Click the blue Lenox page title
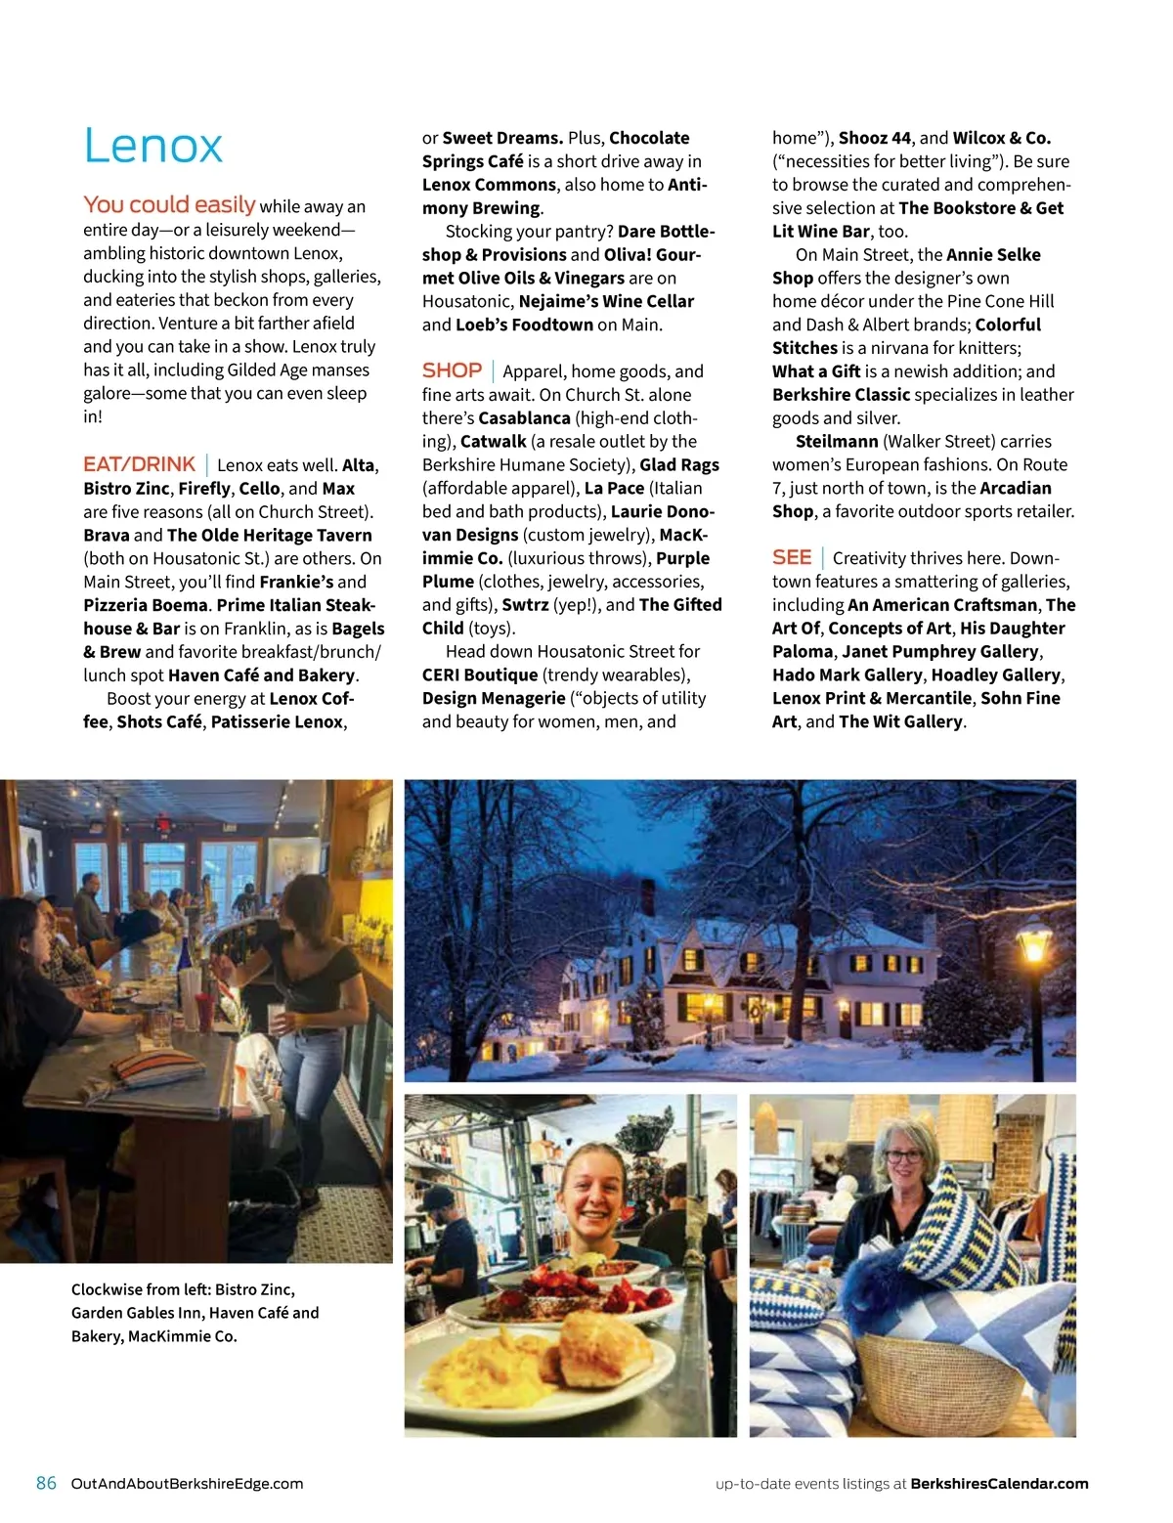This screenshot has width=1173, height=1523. click(153, 146)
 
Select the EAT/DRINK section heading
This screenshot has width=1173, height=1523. click(139, 464)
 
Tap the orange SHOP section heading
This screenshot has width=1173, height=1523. click(452, 370)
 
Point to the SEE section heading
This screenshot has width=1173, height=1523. click(791, 557)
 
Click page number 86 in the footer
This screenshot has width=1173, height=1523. click(46, 1483)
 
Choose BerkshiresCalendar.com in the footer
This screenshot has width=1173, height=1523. click(999, 1483)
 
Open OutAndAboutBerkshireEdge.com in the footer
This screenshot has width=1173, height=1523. click(187, 1483)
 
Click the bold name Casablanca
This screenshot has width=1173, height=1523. click(524, 417)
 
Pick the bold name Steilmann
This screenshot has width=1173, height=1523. click(836, 441)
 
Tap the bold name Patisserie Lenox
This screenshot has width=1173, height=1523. click(277, 721)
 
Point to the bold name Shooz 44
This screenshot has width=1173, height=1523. click(874, 138)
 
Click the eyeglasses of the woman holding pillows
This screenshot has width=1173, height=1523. click(902, 1155)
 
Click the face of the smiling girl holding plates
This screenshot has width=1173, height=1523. click(593, 1197)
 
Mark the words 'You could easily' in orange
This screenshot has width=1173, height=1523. click(169, 204)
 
